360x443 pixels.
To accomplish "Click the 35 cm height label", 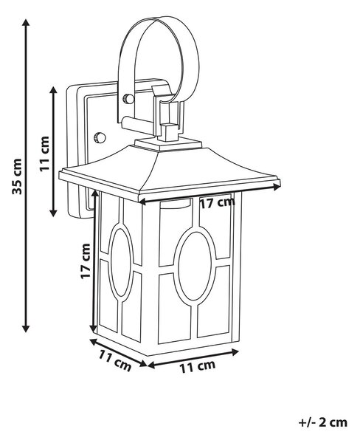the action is [17, 177].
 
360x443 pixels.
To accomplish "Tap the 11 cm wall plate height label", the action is [44, 154].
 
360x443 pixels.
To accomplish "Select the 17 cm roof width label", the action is [217, 202].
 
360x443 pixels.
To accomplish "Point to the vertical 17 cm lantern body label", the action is [86, 261].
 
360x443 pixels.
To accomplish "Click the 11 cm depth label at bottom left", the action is [115, 361].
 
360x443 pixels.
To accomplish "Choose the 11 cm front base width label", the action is [198, 367].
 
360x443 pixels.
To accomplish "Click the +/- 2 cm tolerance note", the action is [323, 423].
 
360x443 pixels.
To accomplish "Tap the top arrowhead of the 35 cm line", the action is [26, 23].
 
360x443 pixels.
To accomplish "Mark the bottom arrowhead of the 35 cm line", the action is [26, 328].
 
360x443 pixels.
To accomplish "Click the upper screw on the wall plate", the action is [128, 99].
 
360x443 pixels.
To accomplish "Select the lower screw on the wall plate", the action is [100, 137].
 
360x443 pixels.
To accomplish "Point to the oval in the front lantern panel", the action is [195, 266].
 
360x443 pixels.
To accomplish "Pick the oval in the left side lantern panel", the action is [121, 262].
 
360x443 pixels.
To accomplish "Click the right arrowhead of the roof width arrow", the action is [277, 186].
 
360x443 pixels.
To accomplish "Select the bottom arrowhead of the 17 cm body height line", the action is [94, 329].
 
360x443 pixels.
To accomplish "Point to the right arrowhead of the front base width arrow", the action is [235, 352].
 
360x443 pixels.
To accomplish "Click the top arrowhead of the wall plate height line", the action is [53, 90].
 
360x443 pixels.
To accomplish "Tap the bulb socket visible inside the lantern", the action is [175, 205].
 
